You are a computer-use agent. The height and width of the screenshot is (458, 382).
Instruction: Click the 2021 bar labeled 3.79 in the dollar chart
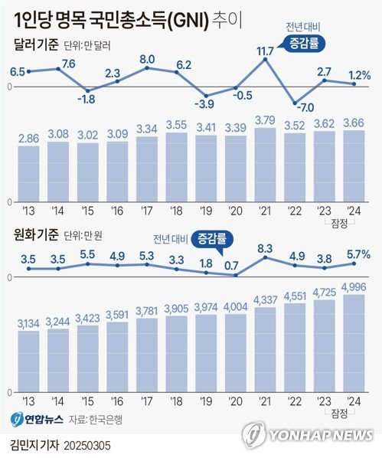coord(266,164)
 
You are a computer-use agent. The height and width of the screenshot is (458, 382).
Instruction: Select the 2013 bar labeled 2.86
coord(28,173)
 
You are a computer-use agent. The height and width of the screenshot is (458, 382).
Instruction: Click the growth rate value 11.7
coord(266,51)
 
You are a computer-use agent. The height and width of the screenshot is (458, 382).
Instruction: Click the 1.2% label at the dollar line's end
coord(358,76)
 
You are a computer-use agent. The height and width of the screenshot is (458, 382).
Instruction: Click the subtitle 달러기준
coord(37,45)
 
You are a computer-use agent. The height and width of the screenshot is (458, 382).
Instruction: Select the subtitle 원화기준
coord(37,234)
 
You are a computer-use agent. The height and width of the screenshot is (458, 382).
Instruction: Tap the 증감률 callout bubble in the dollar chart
coord(303,44)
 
